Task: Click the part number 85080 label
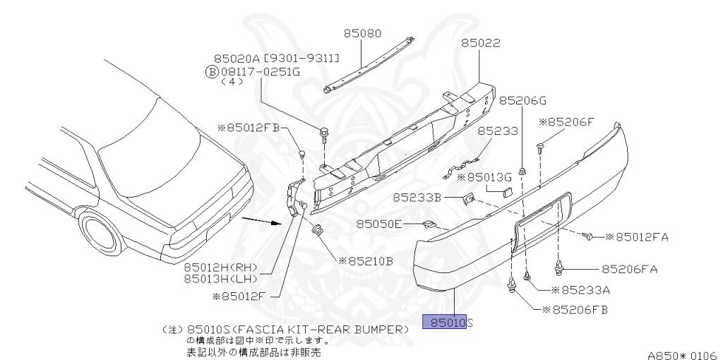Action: [363, 32]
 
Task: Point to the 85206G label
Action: [522, 100]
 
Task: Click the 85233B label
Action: [417, 198]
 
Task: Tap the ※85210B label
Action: [366, 260]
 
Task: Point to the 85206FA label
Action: [630, 268]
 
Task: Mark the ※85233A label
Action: [581, 289]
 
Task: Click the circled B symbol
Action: [210, 71]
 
